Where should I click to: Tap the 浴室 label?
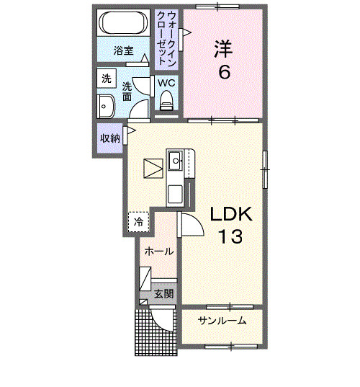tap(123, 50)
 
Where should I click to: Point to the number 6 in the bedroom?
tap(225, 74)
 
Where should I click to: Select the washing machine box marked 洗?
tap(107, 79)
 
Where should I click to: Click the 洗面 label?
tap(126, 90)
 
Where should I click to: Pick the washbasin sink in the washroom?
tap(107, 106)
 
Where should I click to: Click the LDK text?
tap(230, 215)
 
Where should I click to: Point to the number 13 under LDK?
tap(230, 236)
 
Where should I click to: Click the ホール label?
tap(158, 252)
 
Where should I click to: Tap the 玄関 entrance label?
tap(163, 293)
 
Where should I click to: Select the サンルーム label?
tap(222, 320)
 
